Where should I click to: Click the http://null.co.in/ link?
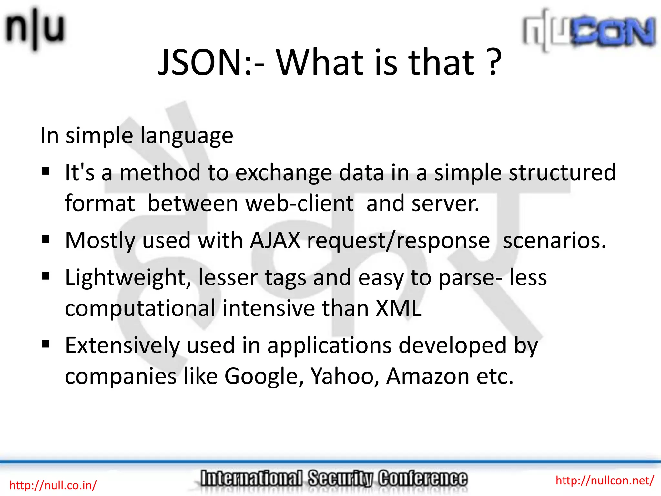click(53, 485)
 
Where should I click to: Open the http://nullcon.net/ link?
click(605, 480)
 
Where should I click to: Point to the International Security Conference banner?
click(333, 479)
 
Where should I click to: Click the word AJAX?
click(275, 240)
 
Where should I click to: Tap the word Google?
click(264, 376)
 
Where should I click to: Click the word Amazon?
click(428, 376)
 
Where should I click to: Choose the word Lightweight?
click(128, 278)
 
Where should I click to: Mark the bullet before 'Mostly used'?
click(46, 239)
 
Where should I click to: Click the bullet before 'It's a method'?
click(46, 171)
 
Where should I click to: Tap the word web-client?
click(299, 203)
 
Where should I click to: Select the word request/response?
click(398, 241)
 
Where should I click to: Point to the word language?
click(187, 136)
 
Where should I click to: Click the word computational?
click(140, 308)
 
